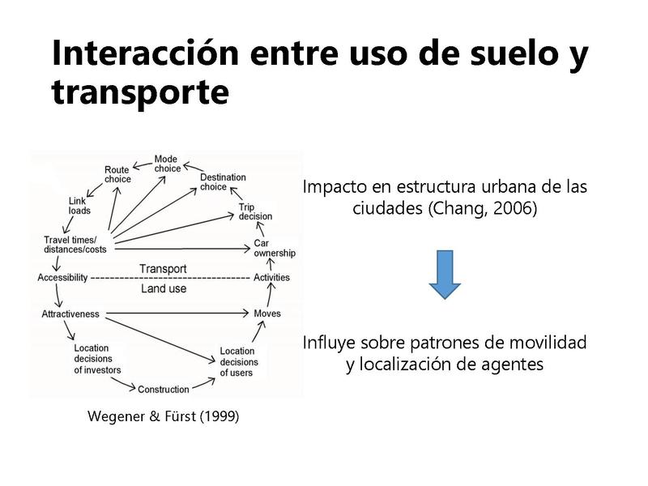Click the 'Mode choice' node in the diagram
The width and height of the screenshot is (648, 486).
(x=168, y=164)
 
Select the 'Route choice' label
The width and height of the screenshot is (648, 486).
(x=117, y=174)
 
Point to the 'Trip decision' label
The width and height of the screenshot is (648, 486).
(x=255, y=212)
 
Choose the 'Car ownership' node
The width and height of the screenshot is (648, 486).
(x=274, y=248)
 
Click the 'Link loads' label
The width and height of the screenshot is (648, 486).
(x=79, y=206)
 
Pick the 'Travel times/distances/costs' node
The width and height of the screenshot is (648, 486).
(x=70, y=245)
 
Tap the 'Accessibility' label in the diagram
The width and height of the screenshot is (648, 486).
(x=62, y=278)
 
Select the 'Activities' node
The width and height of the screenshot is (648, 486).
(x=271, y=278)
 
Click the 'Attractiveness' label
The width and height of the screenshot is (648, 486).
(x=70, y=313)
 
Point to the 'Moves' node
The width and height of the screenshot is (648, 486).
(x=267, y=313)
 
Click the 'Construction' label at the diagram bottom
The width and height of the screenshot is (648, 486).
(x=164, y=390)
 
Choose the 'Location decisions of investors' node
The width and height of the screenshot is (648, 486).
(x=97, y=359)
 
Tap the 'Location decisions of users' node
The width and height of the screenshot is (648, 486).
(x=239, y=362)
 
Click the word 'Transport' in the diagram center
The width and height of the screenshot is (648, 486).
(x=163, y=269)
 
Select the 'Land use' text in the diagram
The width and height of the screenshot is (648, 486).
(x=164, y=288)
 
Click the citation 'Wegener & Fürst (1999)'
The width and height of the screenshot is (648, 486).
(x=163, y=418)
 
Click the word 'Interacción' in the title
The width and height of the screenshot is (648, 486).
(x=147, y=53)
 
